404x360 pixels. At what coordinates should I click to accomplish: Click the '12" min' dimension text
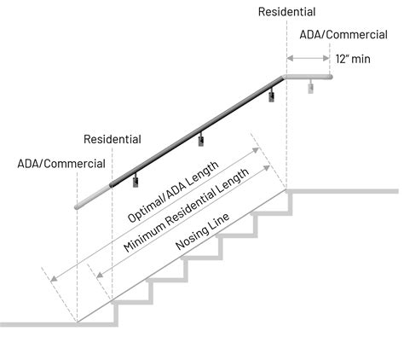click(354, 60)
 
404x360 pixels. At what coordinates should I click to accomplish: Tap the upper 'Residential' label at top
click(287, 13)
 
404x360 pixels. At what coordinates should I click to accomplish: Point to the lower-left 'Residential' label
click(113, 139)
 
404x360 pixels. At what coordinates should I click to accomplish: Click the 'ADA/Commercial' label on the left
click(61, 163)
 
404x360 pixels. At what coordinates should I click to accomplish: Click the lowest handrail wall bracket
click(136, 179)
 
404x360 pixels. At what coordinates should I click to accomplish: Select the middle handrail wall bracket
click(202, 138)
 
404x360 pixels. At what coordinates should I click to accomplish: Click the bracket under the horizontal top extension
click(311, 86)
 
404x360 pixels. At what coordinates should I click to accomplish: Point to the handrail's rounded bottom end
click(78, 206)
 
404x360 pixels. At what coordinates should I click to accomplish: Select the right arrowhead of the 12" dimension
click(327, 59)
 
